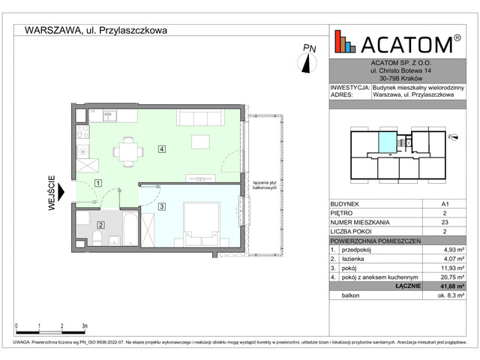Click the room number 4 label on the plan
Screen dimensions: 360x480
click(x=161, y=148)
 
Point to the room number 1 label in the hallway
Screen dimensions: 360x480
click(x=98, y=183)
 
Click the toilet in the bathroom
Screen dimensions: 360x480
click(x=98, y=240)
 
